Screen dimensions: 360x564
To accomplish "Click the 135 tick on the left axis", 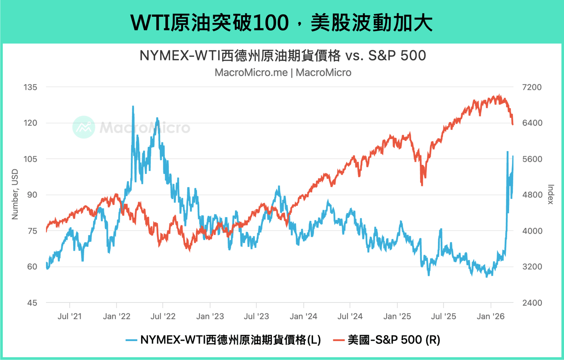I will click(30, 87).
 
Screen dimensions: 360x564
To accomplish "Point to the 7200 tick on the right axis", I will click(532, 87).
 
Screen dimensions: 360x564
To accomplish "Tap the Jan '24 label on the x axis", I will click(303, 316).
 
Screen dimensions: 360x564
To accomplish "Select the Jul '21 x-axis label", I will click(70, 316).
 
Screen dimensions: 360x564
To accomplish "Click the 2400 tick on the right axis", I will click(532, 303).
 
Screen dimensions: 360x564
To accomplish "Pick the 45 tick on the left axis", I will click(32, 303).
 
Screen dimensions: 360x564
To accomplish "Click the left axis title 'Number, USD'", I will click(15, 194).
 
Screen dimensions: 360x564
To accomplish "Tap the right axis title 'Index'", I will click(550, 194).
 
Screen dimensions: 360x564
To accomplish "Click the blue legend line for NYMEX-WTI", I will click(131, 340).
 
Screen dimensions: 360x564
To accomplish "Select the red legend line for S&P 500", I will click(339, 340).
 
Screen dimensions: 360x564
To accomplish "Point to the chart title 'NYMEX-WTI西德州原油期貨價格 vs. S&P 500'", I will click(282, 55).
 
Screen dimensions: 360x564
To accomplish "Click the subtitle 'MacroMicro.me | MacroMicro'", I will click(283, 73).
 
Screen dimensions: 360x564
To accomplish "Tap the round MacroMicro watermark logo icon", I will click(84, 127).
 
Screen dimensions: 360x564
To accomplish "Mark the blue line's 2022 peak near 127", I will click(133, 107).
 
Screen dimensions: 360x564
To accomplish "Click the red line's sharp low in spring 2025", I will click(422, 185).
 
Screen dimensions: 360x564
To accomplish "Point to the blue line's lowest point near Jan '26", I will click(487, 276).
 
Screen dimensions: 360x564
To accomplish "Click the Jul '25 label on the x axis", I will click(443, 316).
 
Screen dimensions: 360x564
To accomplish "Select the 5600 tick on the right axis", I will click(532, 159).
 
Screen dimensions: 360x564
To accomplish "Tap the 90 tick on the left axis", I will click(32, 195).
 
